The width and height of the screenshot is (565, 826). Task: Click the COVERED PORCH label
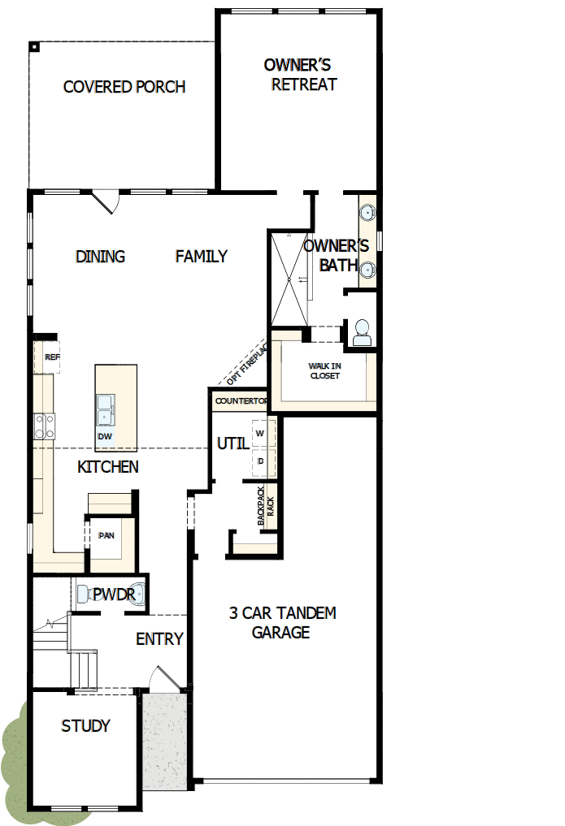[124, 87]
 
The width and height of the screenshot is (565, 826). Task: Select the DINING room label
[101, 257]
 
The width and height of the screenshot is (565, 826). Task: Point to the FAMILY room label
[202, 257]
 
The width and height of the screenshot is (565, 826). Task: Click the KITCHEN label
[108, 467]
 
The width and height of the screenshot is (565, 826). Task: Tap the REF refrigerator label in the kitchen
[52, 357]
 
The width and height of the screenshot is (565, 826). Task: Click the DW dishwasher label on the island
[105, 436]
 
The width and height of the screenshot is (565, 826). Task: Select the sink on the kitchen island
[105, 410]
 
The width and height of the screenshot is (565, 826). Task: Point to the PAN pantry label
[106, 536]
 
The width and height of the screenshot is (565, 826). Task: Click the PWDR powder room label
[113, 595]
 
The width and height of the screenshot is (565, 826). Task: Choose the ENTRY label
[159, 639]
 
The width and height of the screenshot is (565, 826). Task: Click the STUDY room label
[85, 726]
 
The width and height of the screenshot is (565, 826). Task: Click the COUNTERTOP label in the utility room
[241, 401]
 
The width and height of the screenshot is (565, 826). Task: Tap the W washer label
[260, 433]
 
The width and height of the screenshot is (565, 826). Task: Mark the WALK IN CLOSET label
[324, 371]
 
